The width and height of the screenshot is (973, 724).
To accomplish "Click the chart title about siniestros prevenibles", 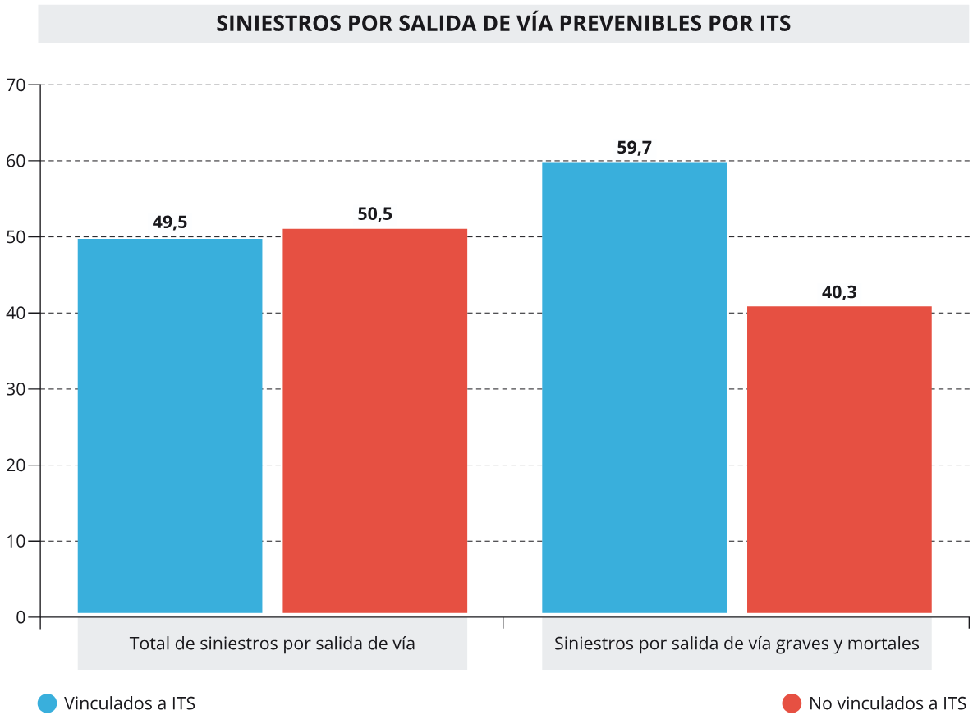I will coord(503,23).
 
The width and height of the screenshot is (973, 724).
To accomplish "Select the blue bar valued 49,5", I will coord(170,425).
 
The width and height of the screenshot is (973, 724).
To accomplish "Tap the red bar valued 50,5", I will coord(374,420).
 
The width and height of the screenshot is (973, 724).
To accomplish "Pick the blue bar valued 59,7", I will coord(634,387).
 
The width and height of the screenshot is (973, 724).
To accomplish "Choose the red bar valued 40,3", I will coord(839,460).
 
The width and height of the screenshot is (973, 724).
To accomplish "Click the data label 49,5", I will coord(170,222).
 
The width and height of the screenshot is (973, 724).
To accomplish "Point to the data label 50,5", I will coord(374,214).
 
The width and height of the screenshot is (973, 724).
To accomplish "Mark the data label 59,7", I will coord(634,148).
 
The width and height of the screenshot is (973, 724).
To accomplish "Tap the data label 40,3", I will coord(839,292).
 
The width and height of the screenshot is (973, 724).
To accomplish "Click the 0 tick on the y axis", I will coord(21,617).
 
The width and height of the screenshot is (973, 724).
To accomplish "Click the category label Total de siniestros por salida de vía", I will coord(272,644).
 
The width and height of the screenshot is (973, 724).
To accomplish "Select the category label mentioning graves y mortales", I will coord(737,644).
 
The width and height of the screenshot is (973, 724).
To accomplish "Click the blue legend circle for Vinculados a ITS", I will coord(48,703).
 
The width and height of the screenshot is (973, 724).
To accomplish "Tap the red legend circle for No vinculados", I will coord(792,703).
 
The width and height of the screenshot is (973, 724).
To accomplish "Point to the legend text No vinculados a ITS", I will coord(888,703).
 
